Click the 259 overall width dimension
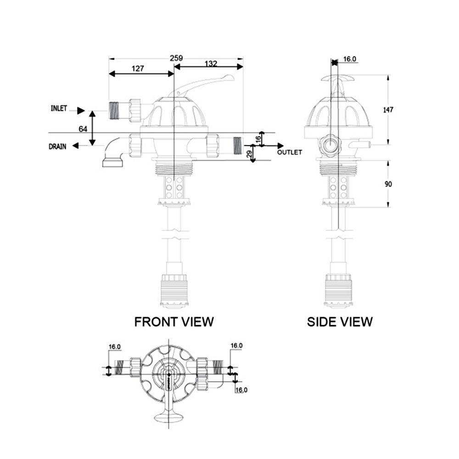tap(176, 58)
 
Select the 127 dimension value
tap(138, 68)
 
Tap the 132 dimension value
tap(211, 64)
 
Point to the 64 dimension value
tap(83, 129)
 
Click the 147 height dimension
tap(388, 110)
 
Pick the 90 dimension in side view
tap(388, 184)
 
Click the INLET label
tap(59, 109)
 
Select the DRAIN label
tap(58, 147)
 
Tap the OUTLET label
tap(290, 152)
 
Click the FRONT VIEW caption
tap(174, 322)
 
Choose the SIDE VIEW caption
tap(340, 322)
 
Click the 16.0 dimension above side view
tap(350, 59)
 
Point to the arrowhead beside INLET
tap(81, 110)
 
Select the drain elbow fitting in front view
tap(115, 151)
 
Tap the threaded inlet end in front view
tap(115, 110)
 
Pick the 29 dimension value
tap(250, 155)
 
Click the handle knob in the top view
tap(168, 417)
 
